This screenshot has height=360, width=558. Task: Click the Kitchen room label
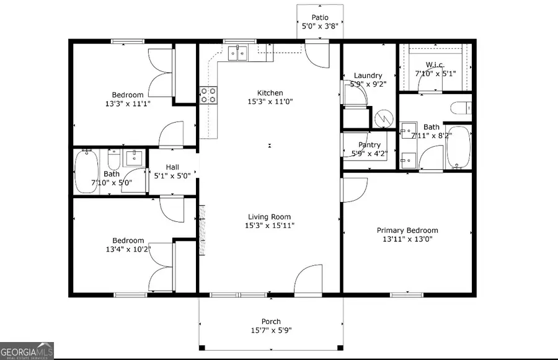point(270,93)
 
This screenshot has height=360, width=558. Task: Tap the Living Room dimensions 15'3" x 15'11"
point(270,226)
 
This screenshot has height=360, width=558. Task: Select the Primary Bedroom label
point(407,230)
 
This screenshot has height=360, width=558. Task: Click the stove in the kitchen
point(208,94)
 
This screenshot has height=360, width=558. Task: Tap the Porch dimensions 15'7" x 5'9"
point(271,331)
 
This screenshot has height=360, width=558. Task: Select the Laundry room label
point(368,76)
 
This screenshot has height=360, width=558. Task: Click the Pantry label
point(370,145)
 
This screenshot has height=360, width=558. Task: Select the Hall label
point(172,167)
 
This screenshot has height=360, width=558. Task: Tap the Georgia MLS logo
point(27,350)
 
